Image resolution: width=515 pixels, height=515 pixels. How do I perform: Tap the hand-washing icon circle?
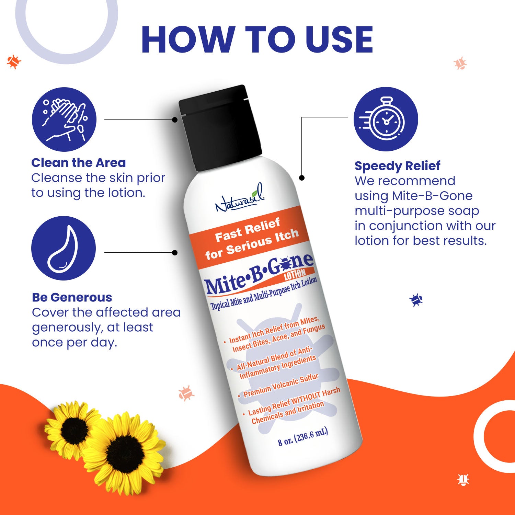pos(64,119)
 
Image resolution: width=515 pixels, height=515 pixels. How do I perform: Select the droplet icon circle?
pos(64,248)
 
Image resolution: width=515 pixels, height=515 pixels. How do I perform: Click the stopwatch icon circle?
pos(386,119)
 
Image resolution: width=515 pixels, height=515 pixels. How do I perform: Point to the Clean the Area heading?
pos(79,163)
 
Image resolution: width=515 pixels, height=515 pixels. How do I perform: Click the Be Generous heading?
pos(72,297)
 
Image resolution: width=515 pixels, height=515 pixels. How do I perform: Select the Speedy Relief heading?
pos(397,166)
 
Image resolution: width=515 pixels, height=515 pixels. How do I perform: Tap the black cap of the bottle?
pos(220,127)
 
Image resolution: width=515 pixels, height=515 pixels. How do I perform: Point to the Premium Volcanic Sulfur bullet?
pos(281,385)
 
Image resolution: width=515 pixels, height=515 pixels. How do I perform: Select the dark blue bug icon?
pos(416,300)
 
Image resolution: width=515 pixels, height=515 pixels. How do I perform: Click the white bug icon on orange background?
pos(463,479)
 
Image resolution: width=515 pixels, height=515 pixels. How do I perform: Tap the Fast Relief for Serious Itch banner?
pos(251,239)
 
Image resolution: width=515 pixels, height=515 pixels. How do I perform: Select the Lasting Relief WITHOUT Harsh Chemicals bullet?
pos(292,405)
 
